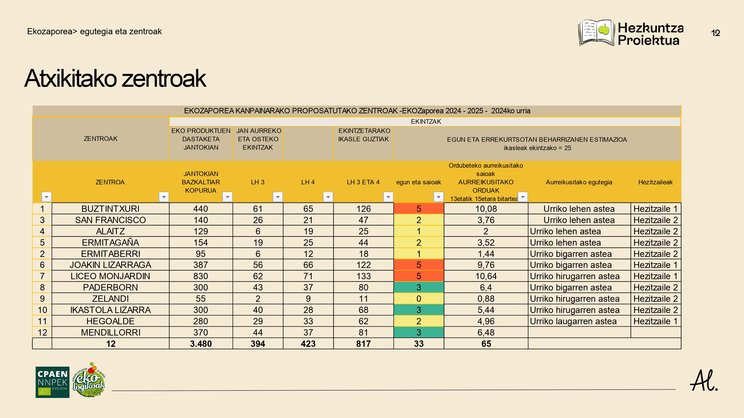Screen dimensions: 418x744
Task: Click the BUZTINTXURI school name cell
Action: (110, 209)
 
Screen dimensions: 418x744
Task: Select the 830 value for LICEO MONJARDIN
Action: (201, 276)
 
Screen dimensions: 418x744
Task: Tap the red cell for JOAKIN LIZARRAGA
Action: (418, 265)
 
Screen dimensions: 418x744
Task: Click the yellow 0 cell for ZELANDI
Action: (418, 299)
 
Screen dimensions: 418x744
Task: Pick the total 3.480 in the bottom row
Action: (201, 344)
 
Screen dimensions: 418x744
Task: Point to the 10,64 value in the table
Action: (486, 276)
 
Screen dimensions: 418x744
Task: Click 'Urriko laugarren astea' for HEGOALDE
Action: (573, 321)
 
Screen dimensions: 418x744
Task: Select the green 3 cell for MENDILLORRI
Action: (418, 332)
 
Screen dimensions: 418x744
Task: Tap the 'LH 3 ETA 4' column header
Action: (363, 182)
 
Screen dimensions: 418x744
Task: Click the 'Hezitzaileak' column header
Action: (655, 182)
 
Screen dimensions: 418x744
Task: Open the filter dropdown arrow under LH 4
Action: (328, 197)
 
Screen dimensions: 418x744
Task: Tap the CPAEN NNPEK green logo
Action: (52, 382)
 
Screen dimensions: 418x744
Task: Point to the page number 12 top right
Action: (715, 33)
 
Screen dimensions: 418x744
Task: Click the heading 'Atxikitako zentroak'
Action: (115, 78)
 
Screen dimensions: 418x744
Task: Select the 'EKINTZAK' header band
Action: (425, 121)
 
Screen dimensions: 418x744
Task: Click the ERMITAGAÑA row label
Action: (110, 242)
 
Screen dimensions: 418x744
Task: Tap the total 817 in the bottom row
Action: (363, 344)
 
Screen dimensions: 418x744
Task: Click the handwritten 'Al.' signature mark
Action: (704, 381)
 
